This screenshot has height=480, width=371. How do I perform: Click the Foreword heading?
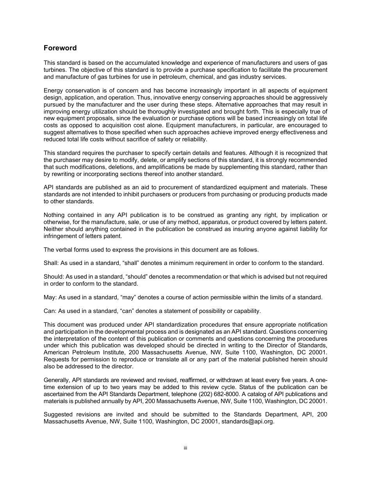pyautogui.click(x=60, y=48)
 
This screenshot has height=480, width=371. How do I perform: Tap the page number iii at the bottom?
pyautogui.click(x=185, y=448)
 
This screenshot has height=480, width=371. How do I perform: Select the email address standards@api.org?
pyautogui.click(x=248, y=421)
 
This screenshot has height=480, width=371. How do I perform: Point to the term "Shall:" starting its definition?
pyautogui.click(x=51, y=263)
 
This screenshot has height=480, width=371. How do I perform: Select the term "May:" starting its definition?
pyautogui.click(x=50, y=297)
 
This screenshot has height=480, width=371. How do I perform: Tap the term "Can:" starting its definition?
pyautogui.click(x=50, y=311)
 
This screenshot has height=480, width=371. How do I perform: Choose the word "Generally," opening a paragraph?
pyautogui.click(x=57, y=380)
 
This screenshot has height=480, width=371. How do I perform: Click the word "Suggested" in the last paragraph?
pyautogui.click(x=57, y=414)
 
